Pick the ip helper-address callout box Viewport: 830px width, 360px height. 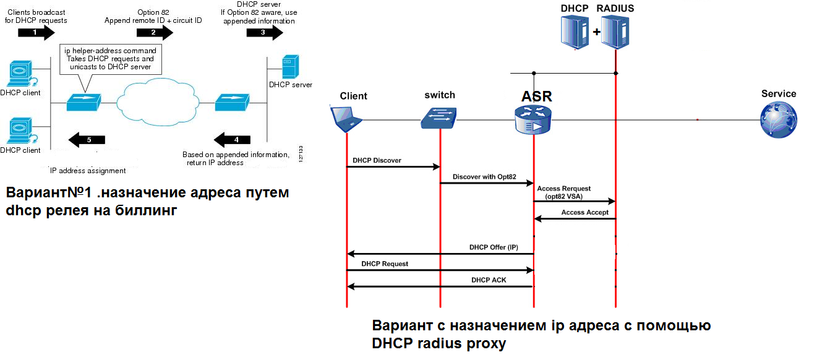[x=109, y=58]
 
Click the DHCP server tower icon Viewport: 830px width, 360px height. [x=288, y=67]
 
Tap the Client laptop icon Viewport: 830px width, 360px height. [x=346, y=119]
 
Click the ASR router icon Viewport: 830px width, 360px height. [x=533, y=119]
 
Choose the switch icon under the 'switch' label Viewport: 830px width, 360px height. [x=439, y=116]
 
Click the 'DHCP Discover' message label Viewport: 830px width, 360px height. [x=377, y=160]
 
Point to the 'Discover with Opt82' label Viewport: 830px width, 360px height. [x=484, y=177]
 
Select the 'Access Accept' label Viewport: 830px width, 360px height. [x=584, y=212]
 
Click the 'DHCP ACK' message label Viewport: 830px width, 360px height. [x=489, y=280]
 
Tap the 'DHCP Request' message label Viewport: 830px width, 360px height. [x=385, y=264]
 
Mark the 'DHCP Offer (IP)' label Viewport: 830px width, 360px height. [x=493, y=247]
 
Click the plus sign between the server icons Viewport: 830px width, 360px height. [x=597, y=32]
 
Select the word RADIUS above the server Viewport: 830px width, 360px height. [x=615, y=8]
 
